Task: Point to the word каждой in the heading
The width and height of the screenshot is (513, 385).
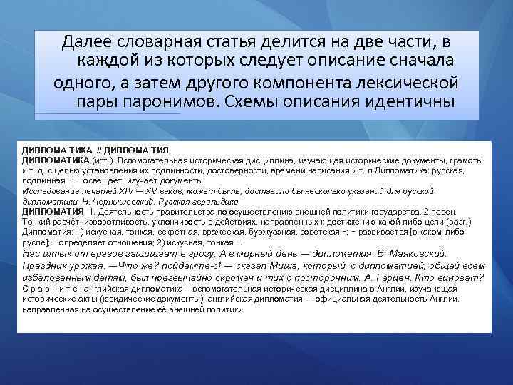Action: tap(112, 61)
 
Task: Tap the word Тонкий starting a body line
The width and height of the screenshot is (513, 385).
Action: tap(36, 222)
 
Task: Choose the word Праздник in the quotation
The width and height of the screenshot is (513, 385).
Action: tap(47, 265)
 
